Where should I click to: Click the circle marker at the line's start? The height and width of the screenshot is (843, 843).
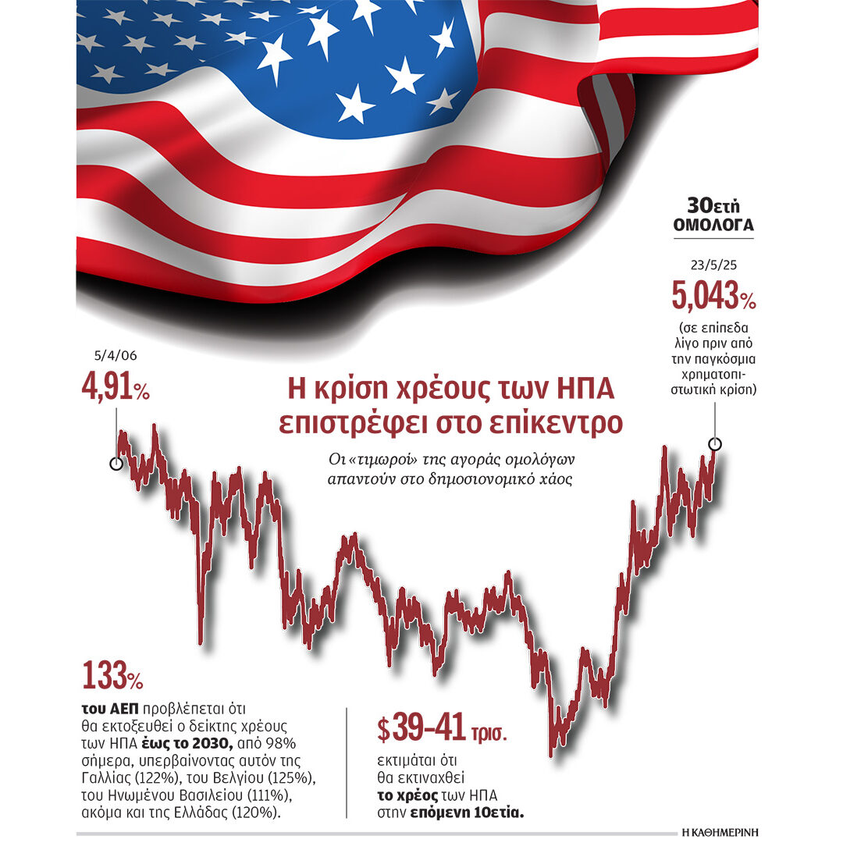click(x=116, y=464)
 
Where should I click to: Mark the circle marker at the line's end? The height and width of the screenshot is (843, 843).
click(x=715, y=444)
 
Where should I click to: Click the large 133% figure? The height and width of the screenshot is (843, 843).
click(x=112, y=676)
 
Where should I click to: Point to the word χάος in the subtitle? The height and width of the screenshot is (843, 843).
click(x=556, y=478)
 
